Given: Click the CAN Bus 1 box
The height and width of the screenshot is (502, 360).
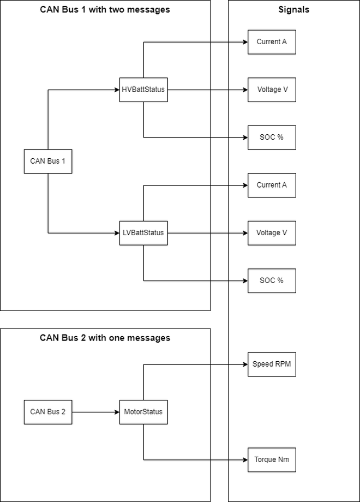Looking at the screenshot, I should click(x=48, y=161).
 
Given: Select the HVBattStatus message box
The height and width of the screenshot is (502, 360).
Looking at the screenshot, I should click(x=143, y=89).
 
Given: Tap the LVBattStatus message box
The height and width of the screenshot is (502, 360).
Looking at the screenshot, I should click(x=143, y=233).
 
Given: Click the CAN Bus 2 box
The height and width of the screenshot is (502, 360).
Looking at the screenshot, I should click(x=48, y=412).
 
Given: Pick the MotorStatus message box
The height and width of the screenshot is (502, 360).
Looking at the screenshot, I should click(x=143, y=412).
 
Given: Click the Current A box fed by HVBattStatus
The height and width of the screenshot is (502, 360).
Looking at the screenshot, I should click(x=272, y=42).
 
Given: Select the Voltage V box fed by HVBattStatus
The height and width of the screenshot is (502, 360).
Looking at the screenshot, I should click(x=272, y=89).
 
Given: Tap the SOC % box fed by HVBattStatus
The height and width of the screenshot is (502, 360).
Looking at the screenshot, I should click(x=272, y=138).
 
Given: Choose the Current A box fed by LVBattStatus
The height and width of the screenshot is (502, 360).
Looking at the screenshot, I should click(x=272, y=185).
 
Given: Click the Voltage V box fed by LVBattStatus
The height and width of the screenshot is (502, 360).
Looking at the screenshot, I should click(x=272, y=233).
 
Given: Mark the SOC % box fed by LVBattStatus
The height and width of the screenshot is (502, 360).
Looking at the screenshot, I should click(x=272, y=280).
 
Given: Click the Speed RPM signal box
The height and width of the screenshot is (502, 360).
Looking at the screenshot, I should click(x=272, y=364).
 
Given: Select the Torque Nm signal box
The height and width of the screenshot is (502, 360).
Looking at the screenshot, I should click(x=272, y=460).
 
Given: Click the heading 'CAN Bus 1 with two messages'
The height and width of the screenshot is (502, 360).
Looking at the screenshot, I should click(x=105, y=10).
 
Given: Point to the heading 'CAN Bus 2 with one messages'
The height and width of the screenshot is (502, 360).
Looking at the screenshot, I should click(x=105, y=338).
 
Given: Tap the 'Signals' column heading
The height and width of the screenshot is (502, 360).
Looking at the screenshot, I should click(x=293, y=10).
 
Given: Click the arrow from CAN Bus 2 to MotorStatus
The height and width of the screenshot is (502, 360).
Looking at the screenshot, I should click(x=95, y=412).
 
